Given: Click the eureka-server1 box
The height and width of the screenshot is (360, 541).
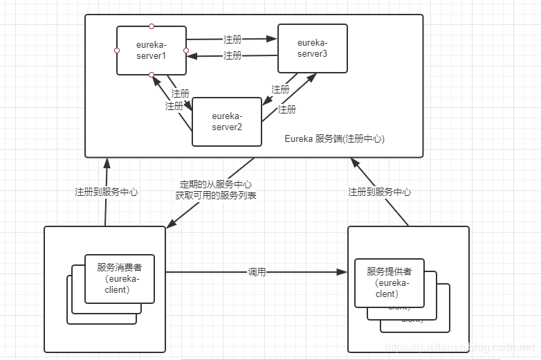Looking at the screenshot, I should [x=151, y=50].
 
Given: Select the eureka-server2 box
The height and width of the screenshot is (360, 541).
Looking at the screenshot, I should [x=226, y=121].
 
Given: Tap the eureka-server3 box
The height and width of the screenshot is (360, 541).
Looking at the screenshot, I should [x=312, y=48].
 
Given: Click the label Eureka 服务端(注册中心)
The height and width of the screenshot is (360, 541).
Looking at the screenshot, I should [x=334, y=138].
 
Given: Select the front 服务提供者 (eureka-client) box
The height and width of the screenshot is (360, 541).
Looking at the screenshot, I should [x=389, y=282].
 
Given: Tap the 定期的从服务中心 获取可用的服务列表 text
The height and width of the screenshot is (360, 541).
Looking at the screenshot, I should [x=215, y=190].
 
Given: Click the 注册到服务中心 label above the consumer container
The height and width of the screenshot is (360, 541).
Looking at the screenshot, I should [x=107, y=192].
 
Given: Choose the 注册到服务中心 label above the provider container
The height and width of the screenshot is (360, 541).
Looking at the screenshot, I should [x=379, y=192].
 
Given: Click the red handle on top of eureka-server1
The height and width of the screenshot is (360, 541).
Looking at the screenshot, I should [x=152, y=26].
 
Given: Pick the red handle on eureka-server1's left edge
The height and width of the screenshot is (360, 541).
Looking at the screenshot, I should [x=117, y=51].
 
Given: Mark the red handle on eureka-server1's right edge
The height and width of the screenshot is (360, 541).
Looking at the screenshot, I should [x=186, y=51].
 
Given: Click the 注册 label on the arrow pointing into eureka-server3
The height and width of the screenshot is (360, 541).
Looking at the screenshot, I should [x=232, y=39].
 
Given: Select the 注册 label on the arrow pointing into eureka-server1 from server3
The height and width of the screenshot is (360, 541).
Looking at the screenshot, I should [x=232, y=55].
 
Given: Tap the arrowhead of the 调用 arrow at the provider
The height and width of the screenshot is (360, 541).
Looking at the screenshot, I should [x=343, y=273].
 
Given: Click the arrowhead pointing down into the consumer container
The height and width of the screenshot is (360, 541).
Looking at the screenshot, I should [x=169, y=222].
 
